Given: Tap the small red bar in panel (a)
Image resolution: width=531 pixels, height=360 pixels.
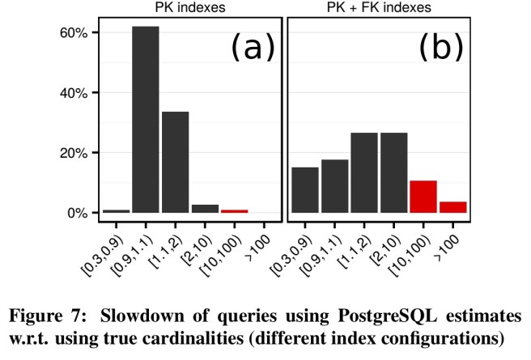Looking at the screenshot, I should [235, 211].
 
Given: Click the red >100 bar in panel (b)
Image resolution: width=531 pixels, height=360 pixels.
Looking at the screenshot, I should [453, 208].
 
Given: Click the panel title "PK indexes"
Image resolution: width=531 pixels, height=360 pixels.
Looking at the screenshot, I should [190, 8].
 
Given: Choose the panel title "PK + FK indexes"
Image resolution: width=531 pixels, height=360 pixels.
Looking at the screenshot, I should [378, 8].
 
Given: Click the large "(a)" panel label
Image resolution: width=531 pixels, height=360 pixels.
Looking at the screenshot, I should [253, 48].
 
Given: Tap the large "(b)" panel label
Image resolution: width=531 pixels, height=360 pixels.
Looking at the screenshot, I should [440, 48].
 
